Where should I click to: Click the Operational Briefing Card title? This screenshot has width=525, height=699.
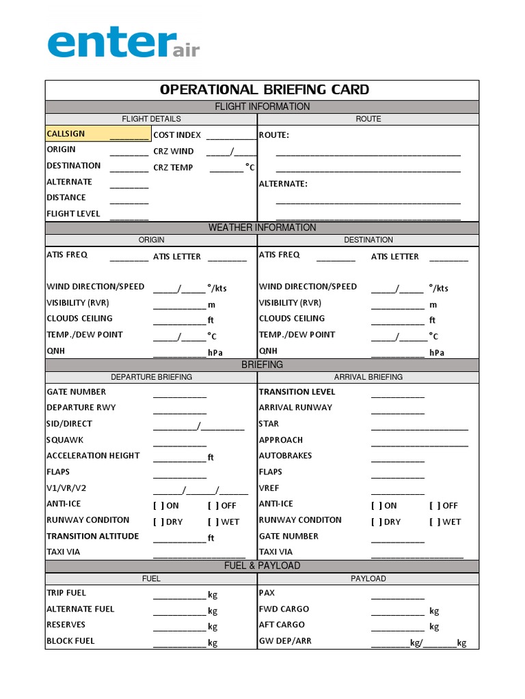coord(264,89)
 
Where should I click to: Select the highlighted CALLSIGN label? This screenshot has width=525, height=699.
coord(66,134)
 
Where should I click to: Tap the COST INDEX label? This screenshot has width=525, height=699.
coord(177,135)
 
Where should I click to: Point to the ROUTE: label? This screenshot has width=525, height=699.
coord(273,135)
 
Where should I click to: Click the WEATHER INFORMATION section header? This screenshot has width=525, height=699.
coord(262,227)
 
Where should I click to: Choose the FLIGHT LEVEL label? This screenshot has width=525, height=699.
coord(73,214)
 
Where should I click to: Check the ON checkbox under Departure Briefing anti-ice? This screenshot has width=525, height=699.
coord(158,506)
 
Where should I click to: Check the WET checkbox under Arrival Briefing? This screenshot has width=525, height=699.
coord(434,522)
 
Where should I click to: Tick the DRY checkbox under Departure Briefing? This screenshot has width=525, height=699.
coord(158,522)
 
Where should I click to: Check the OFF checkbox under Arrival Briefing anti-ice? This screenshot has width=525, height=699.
coord(434,506)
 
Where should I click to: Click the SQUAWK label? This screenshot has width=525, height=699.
coord(65,440)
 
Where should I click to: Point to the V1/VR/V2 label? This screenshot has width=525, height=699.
coord(67,488)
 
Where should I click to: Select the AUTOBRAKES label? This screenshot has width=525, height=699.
coord(285,455)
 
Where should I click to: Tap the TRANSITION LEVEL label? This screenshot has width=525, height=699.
coord(297,392)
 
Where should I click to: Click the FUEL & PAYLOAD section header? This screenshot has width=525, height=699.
coord(262,565)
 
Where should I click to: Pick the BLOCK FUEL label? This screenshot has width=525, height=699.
coord(70,641)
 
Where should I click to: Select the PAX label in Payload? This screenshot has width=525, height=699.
coord(267,593)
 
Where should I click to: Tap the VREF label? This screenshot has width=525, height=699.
coord(269,488)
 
